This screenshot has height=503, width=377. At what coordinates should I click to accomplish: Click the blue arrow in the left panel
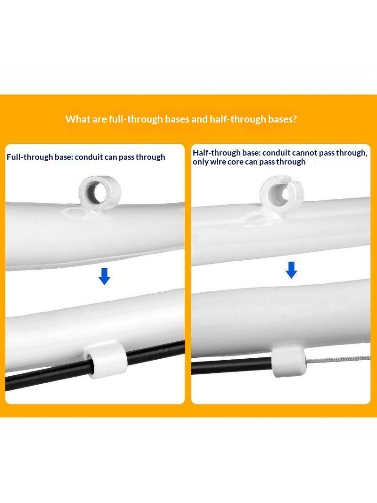pyautogui.click(x=104, y=276)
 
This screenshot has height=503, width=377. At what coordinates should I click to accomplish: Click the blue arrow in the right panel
pyautogui.click(x=291, y=270)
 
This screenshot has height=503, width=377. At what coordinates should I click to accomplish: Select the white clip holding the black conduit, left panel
pyautogui.click(x=106, y=360)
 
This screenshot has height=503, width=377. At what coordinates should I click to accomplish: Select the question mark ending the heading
pyautogui.click(x=295, y=119)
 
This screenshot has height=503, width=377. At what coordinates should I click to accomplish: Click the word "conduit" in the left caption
pyautogui.click(x=89, y=157)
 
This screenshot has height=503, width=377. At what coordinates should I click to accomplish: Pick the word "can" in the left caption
pyautogui.click(x=111, y=157)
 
